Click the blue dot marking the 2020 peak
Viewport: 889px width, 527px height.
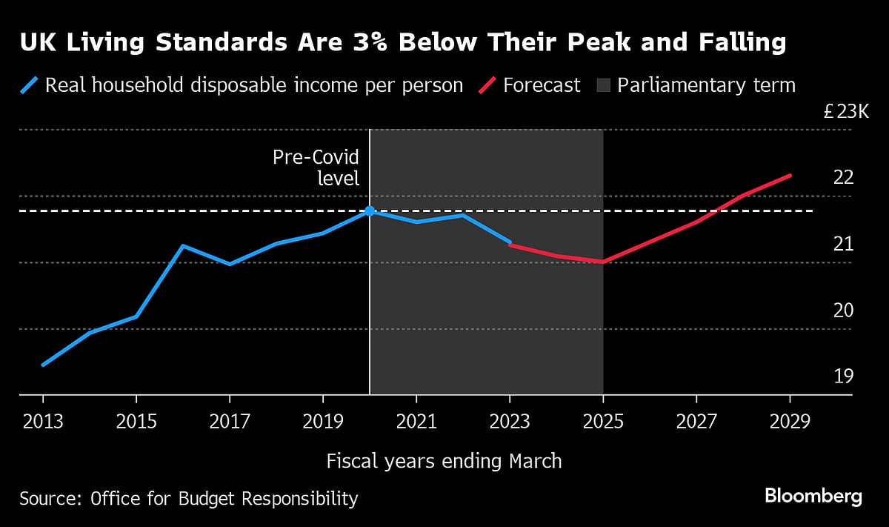370,211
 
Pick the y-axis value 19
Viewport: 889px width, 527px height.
844,377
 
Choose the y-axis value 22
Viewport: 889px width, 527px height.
844,178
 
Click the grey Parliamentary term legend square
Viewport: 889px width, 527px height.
603,85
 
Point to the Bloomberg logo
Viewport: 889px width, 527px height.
813,496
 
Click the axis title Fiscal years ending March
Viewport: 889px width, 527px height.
444,461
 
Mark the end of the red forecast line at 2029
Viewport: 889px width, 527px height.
790,176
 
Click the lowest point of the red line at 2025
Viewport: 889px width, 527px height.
603,262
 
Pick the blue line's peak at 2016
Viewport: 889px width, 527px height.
183,245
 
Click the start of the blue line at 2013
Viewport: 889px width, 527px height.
43,365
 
